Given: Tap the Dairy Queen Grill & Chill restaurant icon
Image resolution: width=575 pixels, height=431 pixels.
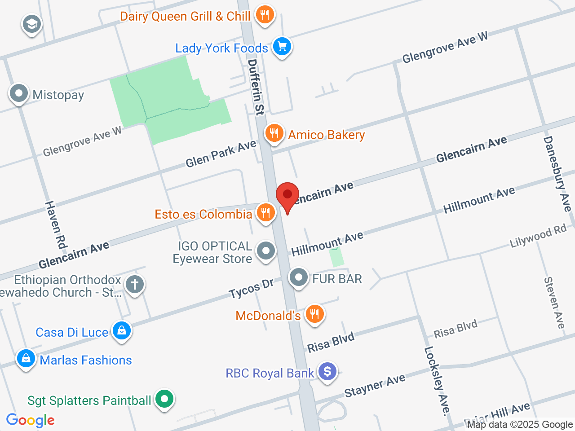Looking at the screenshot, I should click(265, 15).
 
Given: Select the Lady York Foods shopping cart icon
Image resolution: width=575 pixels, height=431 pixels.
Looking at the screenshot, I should click(282, 46).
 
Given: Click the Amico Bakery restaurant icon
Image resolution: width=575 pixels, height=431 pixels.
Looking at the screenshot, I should click(274, 133).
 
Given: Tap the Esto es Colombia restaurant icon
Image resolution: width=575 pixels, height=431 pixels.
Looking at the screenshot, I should click(266, 212).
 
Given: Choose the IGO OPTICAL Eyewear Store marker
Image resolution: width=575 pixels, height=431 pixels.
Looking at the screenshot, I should click(266, 251).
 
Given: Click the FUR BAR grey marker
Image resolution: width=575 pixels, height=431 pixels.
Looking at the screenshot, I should click(299, 278).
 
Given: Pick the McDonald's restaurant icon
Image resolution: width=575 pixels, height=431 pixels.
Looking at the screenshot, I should click(314, 314).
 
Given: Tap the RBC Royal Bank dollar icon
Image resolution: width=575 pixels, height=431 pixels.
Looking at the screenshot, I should click(327, 372).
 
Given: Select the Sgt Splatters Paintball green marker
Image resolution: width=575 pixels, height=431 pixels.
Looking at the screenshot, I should click(164, 399).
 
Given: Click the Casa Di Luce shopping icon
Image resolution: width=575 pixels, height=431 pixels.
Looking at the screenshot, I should click(121, 331).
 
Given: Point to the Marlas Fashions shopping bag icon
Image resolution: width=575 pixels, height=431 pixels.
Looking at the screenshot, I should click(26, 359).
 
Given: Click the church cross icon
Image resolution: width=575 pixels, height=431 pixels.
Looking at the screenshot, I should click(135, 284).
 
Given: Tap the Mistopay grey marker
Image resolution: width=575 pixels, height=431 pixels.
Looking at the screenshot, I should click(19, 94).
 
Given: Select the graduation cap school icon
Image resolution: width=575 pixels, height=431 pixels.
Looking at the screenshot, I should click(31, 24).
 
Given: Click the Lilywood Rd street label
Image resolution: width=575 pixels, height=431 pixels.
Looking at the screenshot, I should click(538, 236).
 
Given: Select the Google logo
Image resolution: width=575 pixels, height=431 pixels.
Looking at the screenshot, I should click(31, 421).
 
